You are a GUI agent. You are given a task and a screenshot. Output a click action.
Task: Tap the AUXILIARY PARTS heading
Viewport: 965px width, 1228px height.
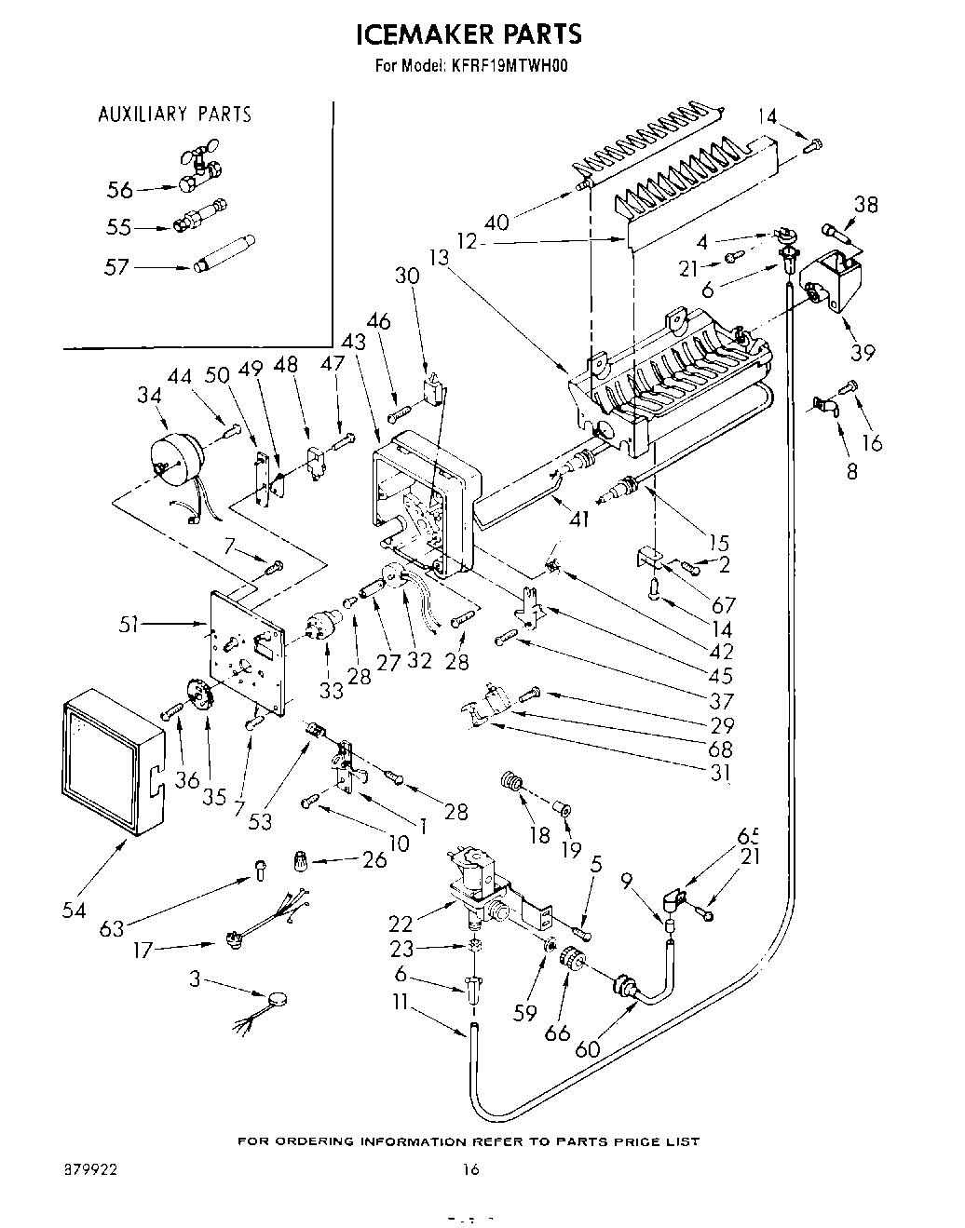click(x=174, y=115)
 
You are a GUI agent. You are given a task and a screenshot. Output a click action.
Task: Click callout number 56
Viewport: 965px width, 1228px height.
click(x=120, y=190)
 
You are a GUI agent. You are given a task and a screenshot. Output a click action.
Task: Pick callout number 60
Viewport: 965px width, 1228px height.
click(x=588, y=1047)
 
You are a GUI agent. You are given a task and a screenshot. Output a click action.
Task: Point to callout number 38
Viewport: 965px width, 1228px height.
click(x=865, y=204)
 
